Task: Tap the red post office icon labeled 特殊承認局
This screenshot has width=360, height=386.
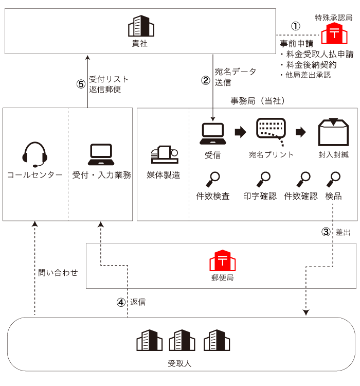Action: pos(334,34)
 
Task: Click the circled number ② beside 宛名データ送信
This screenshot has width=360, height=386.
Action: pos(206,80)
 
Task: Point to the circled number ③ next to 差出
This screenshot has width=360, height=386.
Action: pos(326,232)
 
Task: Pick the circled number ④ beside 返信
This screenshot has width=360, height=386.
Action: pos(121,302)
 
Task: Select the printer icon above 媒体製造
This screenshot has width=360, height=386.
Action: pos(164,154)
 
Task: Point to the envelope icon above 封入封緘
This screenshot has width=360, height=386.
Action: pos(333,133)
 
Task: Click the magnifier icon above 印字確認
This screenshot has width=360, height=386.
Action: pos(264,179)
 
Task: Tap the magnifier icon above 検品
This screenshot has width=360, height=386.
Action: pos(334,179)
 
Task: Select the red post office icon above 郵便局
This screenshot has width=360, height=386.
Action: pos(222,261)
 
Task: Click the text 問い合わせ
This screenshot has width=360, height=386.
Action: pos(58,273)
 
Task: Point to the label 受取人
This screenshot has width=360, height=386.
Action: pos(179,363)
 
